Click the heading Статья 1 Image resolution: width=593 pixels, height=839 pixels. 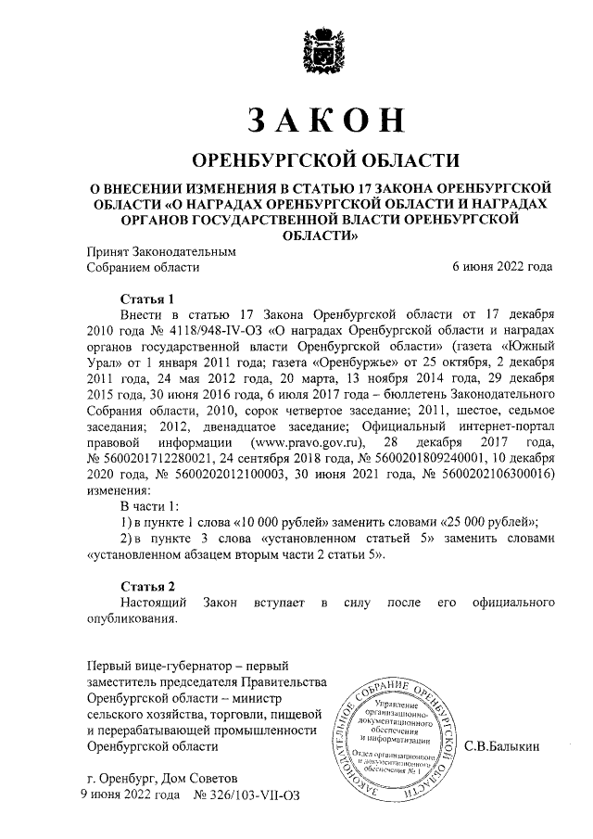147,299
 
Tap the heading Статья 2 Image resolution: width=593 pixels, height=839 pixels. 147,586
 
